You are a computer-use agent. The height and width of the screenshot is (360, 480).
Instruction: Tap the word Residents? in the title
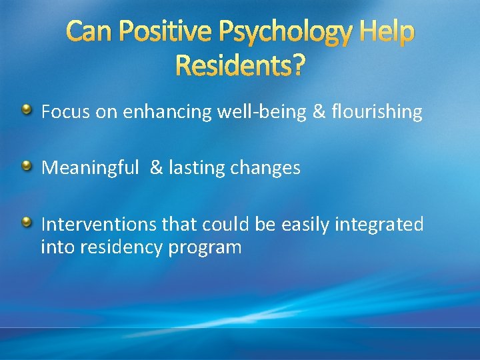click(241, 65)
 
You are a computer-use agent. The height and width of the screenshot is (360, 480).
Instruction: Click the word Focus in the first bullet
click(66, 112)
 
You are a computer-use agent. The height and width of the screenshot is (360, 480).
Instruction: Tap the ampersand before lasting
click(156, 168)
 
